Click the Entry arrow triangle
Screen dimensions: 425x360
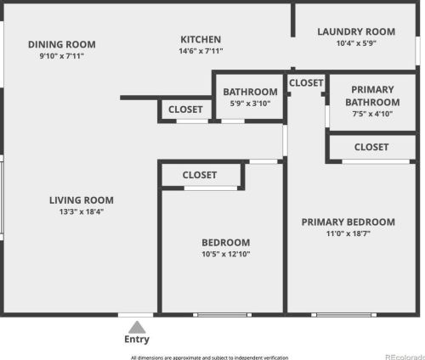point(137,328)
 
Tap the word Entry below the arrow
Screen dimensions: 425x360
point(137,339)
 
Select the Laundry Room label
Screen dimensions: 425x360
point(356,31)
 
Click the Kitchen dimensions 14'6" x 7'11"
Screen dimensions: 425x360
point(201,51)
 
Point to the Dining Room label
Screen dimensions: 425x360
point(62,44)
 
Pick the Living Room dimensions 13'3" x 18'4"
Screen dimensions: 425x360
point(82,211)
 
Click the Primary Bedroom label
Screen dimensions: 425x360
point(348,222)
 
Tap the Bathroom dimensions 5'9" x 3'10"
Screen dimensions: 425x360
point(250,104)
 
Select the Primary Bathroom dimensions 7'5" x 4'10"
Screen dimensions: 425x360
point(372,114)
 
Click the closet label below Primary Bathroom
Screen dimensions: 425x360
point(371,147)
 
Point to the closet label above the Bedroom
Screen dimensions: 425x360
point(200,175)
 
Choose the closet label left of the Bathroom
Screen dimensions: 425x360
point(185,110)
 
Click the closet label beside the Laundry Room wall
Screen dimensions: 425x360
point(306,83)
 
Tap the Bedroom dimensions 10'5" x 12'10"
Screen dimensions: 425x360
point(226,254)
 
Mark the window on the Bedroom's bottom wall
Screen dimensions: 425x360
point(222,315)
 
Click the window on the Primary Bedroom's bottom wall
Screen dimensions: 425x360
point(344,315)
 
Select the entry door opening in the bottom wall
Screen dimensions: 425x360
point(136,315)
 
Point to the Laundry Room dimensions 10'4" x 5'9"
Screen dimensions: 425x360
point(356,43)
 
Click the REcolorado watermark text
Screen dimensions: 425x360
point(405,357)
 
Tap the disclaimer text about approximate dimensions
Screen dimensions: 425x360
point(209,357)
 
